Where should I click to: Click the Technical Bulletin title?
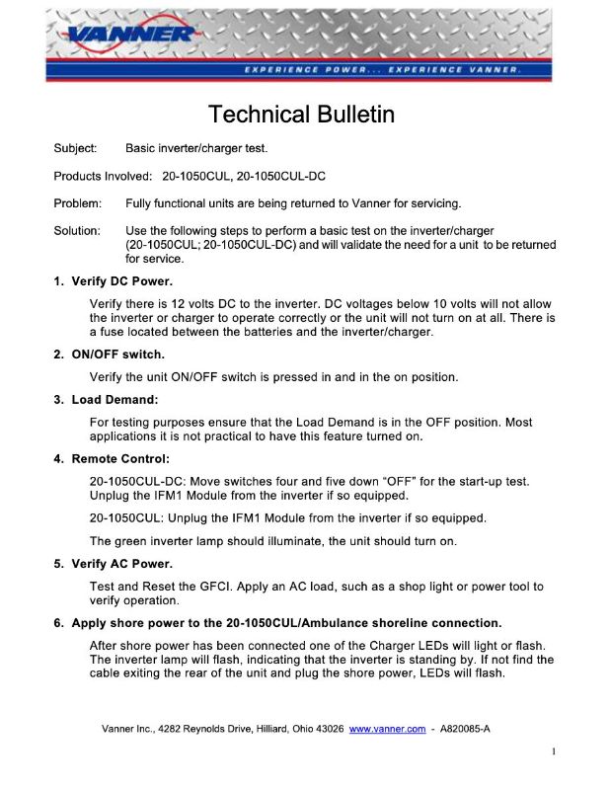302,115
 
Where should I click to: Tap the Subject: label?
75,148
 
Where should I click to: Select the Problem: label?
78,203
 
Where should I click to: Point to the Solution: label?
77,230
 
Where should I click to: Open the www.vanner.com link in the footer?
387,729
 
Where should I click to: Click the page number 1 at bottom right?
554,752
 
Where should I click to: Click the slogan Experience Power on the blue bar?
305,71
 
